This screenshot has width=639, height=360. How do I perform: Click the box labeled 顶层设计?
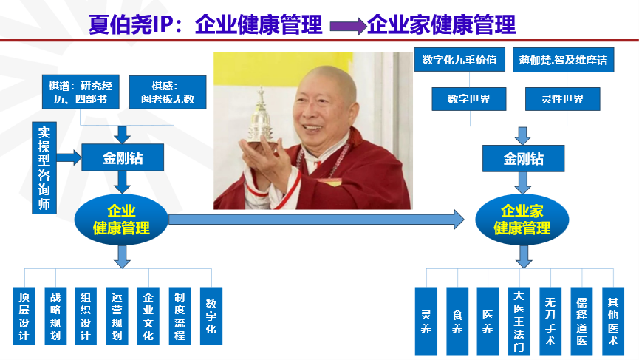pyautogui.click(x=24, y=316)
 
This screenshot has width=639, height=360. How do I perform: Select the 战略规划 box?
pyautogui.click(x=55, y=316)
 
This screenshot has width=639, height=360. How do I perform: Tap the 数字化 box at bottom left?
pyautogui.click(x=211, y=316)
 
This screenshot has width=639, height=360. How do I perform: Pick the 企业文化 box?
pyautogui.click(x=148, y=316)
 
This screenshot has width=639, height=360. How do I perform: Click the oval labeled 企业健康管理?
pyautogui.click(x=121, y=218)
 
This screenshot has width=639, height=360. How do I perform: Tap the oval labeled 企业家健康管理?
pyautogui.click(x=522, y=219)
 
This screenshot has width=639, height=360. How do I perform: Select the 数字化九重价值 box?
pyautogui.click(x=459, y=61)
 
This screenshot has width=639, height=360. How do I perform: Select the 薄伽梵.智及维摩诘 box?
pyautogui.click(x=563, y=61)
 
